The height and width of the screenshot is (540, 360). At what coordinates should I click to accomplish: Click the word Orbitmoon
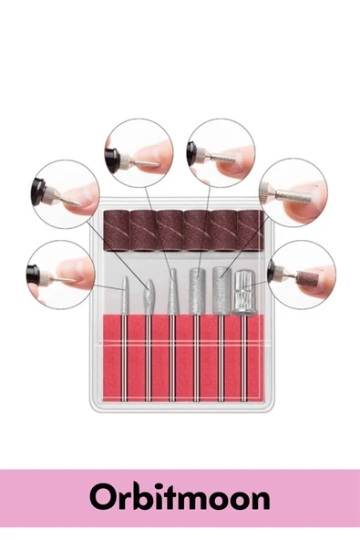tap(180, 497)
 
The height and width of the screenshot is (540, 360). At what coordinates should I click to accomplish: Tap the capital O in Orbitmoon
tap(102, 498)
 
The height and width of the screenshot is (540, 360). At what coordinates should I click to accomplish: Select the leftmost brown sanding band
tap(117, 230)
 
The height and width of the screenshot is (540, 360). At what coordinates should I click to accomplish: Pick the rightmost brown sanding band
tap(251, 230)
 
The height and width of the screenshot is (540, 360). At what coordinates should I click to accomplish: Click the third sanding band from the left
tap(170, 230)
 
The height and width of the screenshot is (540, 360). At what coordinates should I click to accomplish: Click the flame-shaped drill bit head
tap(148, 296)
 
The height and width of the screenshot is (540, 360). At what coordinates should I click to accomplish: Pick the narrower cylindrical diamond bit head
tap(197, 291)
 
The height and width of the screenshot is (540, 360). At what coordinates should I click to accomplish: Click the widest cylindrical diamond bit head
tap(221, 291)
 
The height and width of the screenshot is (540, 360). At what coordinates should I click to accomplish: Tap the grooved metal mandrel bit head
tap(244, 293)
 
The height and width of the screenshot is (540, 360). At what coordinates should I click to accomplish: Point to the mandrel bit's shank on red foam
tap(244, 358)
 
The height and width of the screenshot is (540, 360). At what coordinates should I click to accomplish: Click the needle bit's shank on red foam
tap(124, 358)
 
